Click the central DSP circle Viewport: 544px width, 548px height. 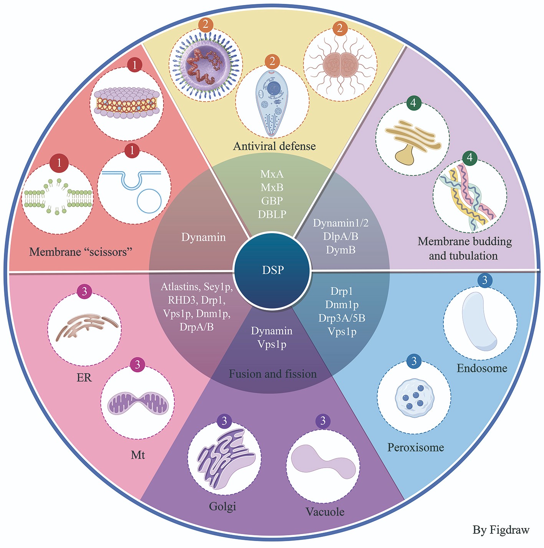272,270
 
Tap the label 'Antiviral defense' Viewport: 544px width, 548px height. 274,146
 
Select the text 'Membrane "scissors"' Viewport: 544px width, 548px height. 81,252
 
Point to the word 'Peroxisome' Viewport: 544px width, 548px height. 415,447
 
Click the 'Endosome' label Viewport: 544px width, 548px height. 482,368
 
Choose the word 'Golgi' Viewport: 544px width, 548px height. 222,506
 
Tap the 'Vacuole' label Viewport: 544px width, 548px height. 325,512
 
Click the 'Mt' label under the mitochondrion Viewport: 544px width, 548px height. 138,455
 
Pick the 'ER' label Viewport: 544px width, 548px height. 84,378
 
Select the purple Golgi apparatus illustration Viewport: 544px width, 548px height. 224,458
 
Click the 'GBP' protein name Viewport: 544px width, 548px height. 272,201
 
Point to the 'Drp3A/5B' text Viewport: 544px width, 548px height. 342,318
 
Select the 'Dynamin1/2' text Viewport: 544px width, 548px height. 341,223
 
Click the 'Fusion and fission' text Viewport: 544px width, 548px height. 273,374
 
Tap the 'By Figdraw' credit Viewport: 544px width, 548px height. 501,530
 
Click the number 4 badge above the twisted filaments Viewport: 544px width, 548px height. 470,157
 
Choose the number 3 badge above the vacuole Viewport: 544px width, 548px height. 323,421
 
